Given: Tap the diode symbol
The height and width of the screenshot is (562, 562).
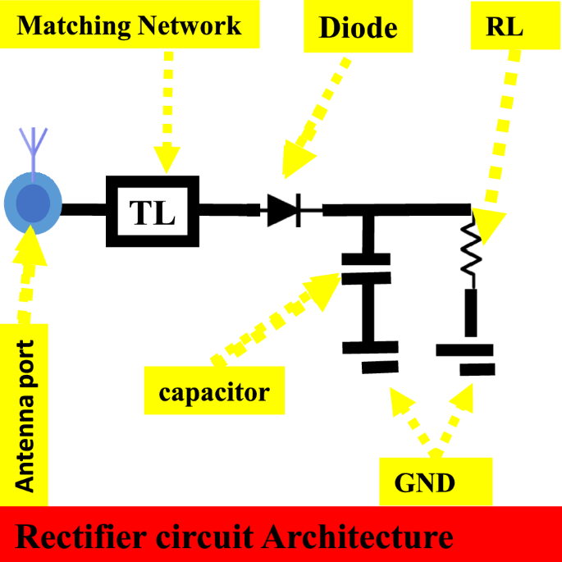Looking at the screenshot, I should (x=284, y=210).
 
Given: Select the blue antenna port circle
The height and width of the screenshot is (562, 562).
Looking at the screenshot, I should (x=33, y=203).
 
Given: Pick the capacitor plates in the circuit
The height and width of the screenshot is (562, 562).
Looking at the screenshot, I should (x=366, y=268).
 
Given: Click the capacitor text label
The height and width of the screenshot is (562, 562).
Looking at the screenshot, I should (x=213, y=392).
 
